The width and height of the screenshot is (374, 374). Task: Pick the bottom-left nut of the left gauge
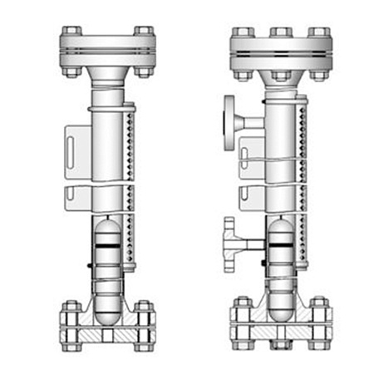[71, 342]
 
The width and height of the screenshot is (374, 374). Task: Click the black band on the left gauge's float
[107, 247]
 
